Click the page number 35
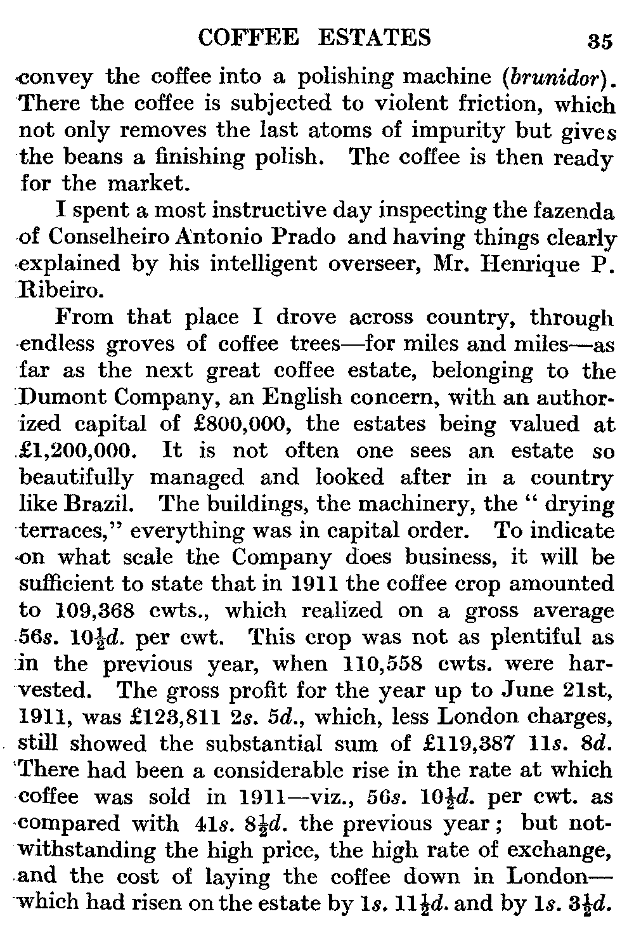[600, 41]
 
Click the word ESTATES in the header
[373, 37]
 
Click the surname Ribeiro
[60, 291]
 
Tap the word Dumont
[58, 398]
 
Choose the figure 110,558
[375, 664]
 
